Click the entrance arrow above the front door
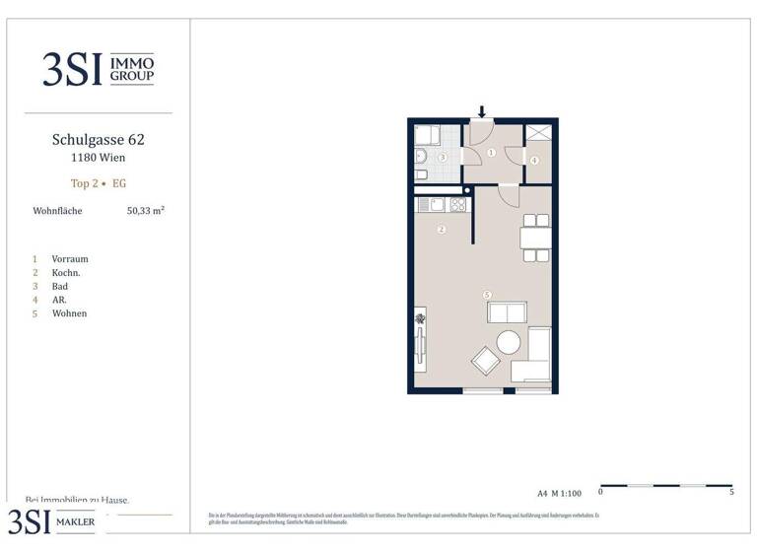pyautogui.click(x=483, y=111)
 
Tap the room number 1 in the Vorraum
pyautogui.click(x=491, y=153)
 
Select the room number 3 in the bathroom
pyautogui.click(x=443, y=158)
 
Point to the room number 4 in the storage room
pyautogui.click(x=534, y=160)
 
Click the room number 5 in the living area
pyautogui.click(x=487, y=294)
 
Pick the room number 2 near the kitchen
pyautogui.click(x=442, y=230)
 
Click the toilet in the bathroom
pyautogui.click(x=420, y=175)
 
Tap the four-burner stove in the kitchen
pyautogui.click(x=457, y=205)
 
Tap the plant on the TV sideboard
pyautogui.click(x=421, y=318)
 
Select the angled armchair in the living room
pyautogui.click(x=486, y=361)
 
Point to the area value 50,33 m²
pyautogui.click(x=145, y=210)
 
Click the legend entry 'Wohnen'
pyautogui.click(x=70, y=313)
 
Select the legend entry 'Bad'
pyautogui.click(x=60, y=286)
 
